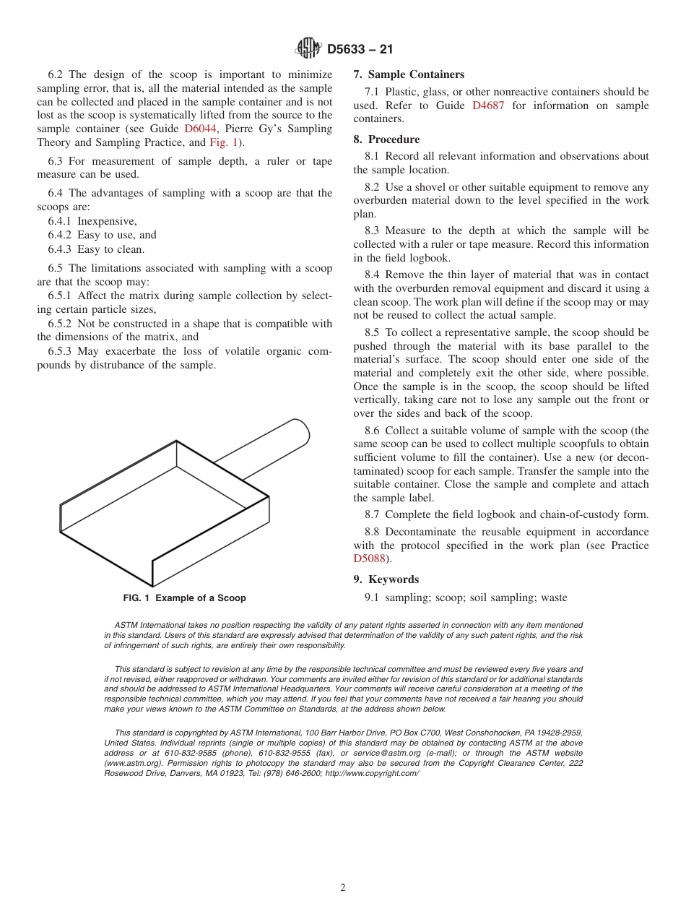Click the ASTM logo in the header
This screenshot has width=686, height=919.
click(x=308, y=49)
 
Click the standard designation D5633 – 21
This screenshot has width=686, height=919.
click(x=360, y=50)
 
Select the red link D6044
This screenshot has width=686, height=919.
click(x=199, y=129)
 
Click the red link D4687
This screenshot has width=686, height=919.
click(x=487, y=105)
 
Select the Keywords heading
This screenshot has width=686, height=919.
click(x=394, y=579)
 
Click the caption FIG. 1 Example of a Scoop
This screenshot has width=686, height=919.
click(x=184, y=598)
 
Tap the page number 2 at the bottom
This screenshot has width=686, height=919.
click(x=343, y=888)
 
